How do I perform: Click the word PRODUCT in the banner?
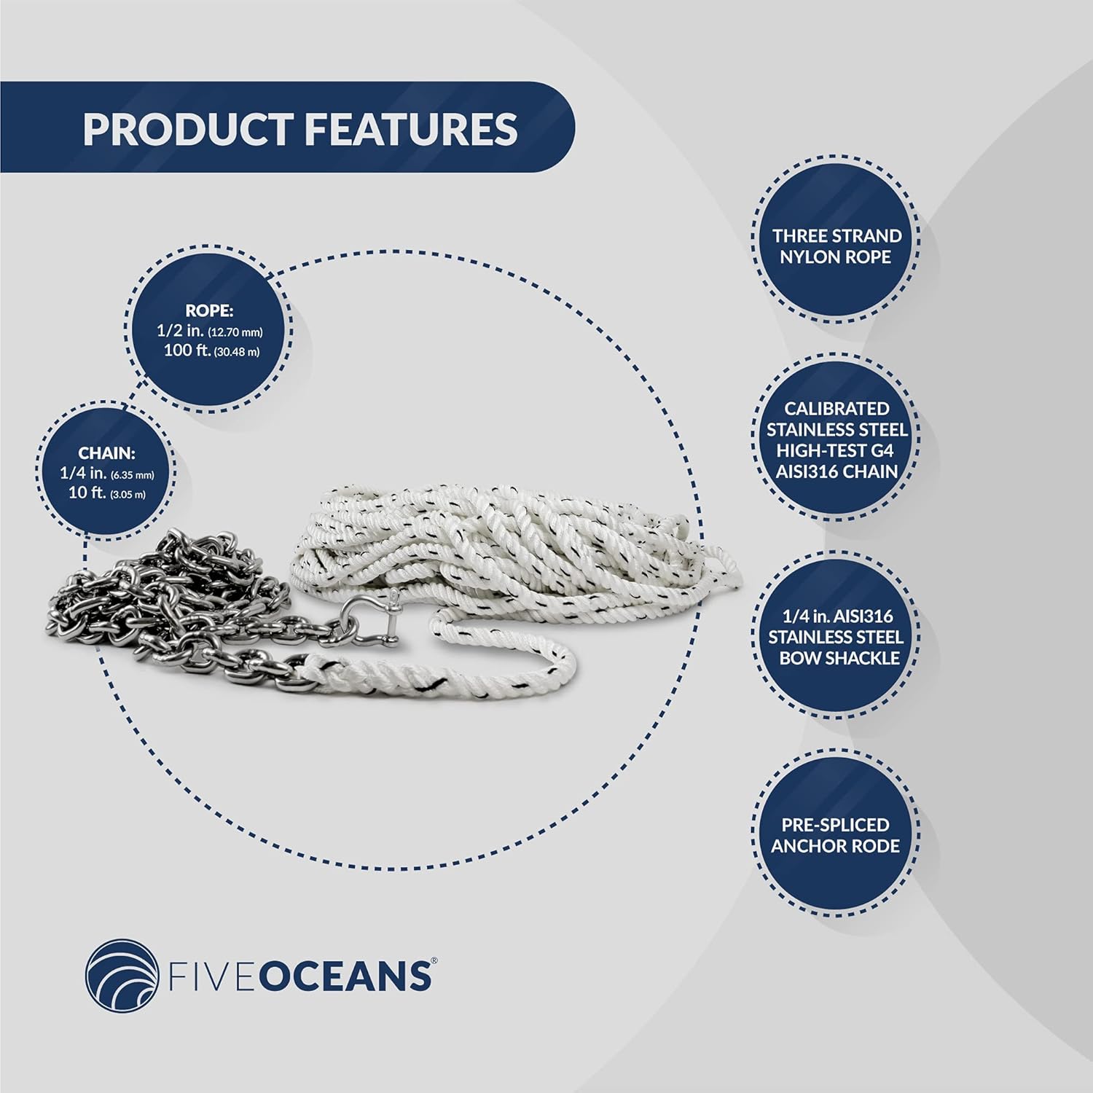point(187,129)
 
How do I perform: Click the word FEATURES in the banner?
point(410,129)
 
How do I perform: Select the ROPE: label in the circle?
point(209,310)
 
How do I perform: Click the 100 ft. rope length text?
point(188,350)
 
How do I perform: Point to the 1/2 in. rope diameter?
point(180,331)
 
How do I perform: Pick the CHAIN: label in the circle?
point(107,453)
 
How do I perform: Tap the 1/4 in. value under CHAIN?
point(83,474)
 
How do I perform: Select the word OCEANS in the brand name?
point(345,977)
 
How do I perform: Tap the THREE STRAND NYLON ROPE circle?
point(836,246)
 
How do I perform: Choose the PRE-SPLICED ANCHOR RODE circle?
point(836,835)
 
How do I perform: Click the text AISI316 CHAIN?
point(837,471)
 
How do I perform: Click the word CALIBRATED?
point(837,409)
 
